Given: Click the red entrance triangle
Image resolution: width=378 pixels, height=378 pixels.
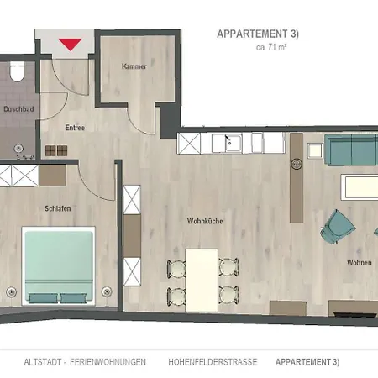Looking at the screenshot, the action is tap(70, 45).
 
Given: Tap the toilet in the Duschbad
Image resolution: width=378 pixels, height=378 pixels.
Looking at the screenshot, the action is tap(18, 71).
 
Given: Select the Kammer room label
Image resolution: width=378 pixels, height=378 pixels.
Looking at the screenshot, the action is tap(134, 66).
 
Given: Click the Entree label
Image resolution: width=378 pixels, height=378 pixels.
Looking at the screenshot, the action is tap(75, 128).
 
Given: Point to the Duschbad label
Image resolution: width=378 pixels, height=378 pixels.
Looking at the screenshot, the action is tap(18, 109).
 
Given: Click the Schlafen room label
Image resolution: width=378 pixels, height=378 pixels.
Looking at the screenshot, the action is tap(58, 208).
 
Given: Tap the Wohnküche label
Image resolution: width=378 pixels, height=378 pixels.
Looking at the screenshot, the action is tap(205, 221).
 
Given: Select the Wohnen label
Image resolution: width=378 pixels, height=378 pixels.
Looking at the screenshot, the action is tap(360, 263).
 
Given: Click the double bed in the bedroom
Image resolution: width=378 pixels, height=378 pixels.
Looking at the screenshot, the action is tap(59, 265).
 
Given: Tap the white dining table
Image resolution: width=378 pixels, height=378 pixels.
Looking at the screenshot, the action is tap(202, 281).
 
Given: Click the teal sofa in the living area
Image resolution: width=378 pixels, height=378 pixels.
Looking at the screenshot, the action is tap(351, 150).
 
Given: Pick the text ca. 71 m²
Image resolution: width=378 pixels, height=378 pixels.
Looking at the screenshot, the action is tap(271, 47).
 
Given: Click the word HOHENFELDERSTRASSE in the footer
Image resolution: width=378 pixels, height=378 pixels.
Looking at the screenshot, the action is tap(213, 362).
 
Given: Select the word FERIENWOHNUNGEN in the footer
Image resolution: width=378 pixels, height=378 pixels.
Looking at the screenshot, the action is tap(108, 362).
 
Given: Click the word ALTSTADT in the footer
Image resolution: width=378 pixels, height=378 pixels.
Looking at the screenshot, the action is tap(42, 362).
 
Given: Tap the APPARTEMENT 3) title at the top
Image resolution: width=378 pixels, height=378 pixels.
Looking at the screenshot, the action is tap(258, 34).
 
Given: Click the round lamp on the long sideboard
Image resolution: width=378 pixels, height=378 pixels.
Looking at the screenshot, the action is tap(297, 164).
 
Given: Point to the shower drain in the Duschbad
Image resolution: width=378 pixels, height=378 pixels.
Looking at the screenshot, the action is tap(18, 148).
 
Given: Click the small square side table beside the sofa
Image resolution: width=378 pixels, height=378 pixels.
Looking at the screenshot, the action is tap(315, 150).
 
